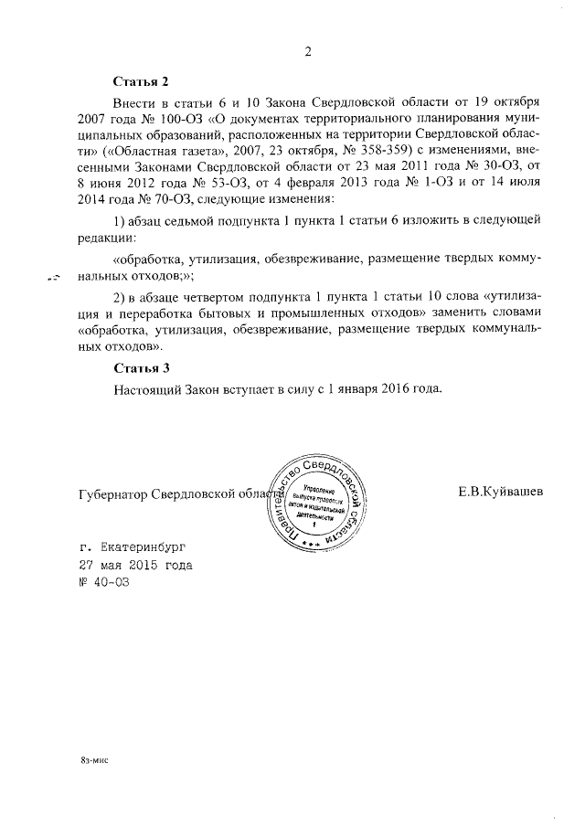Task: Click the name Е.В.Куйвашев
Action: tap(501, 491)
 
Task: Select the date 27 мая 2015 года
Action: tap(136, 565)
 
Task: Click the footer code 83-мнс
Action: tap(93, 758)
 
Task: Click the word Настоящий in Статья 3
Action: tap(149, 388)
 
